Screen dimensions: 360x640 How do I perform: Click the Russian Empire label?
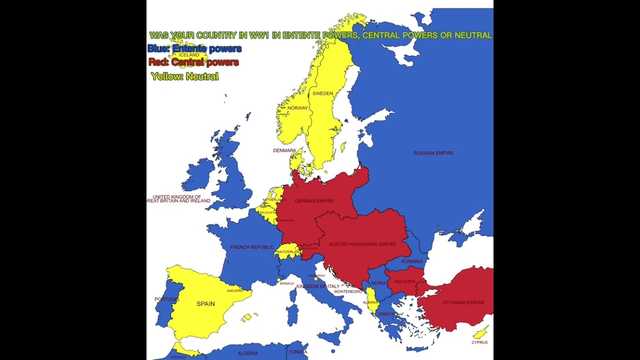(433, 153)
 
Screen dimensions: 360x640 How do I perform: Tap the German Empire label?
(314, 201)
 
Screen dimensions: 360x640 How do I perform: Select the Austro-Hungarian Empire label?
(362, 244)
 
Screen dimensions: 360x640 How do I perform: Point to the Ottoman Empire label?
(463, 302)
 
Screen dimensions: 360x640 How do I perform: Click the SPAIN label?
(205, 303)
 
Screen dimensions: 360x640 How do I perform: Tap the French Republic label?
(252, 247)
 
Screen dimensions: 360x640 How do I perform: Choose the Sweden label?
(322, 93)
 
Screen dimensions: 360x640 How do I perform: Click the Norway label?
(297, 108)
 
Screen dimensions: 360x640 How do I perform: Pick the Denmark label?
(284, 150)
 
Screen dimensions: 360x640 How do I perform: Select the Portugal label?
(166, 299)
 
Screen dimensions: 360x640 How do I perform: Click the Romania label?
(411, 261)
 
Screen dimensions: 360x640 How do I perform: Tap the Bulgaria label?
(404, 281)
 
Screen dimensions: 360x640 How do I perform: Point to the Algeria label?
(247, 353)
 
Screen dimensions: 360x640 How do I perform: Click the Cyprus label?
(479, 342)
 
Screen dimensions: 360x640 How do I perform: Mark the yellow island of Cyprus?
(481, 332)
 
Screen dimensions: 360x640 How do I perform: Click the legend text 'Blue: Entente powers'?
(194, 48)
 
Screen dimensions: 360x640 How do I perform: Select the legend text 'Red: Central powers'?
(193, 62)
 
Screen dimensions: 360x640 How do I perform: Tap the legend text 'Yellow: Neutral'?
(185, 76)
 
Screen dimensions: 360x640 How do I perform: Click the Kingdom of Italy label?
(318, 286)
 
